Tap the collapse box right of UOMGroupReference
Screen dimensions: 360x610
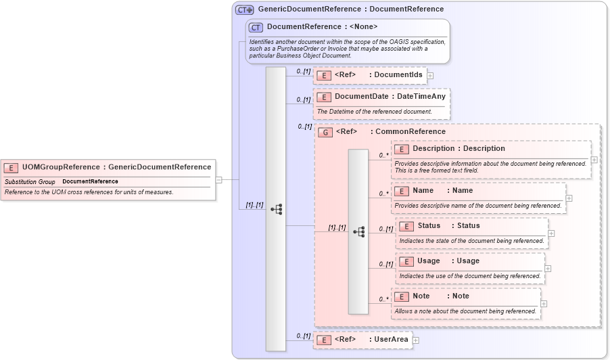coord(219,180)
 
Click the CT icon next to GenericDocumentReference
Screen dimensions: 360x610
coord(244,9)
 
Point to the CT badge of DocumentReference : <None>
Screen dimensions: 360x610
coord(256,27)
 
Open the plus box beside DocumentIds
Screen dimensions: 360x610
coord(430,76)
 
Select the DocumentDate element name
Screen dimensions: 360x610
coord(362,97)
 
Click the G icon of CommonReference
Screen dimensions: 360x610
coord(325,132)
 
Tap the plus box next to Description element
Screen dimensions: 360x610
coord(594,160)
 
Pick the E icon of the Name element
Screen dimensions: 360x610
coord(402,191)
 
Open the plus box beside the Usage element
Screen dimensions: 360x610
coord(548,269)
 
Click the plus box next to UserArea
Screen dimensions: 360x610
coord(416,340)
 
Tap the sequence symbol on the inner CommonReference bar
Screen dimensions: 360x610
coord(358,231)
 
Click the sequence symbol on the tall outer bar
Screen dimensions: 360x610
coord(276,209)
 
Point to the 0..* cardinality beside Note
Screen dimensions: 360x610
coord(383,299)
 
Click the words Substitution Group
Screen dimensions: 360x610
coord(30,181)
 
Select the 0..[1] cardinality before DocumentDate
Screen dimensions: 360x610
coord(304,99)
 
